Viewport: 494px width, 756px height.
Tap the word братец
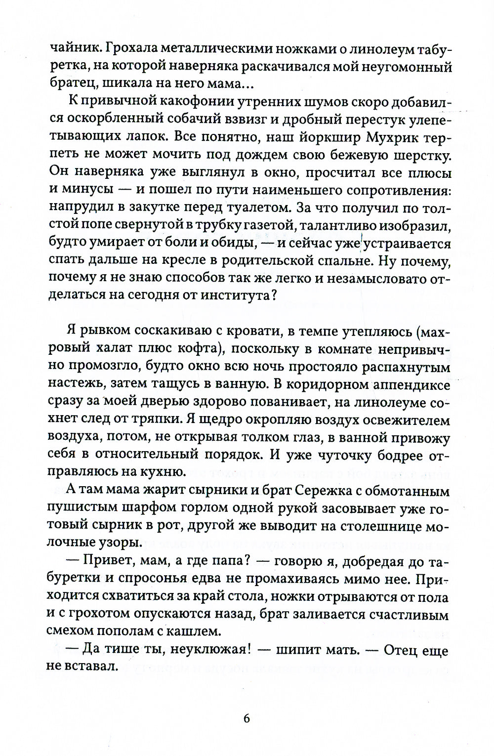[x=68, y=85]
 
